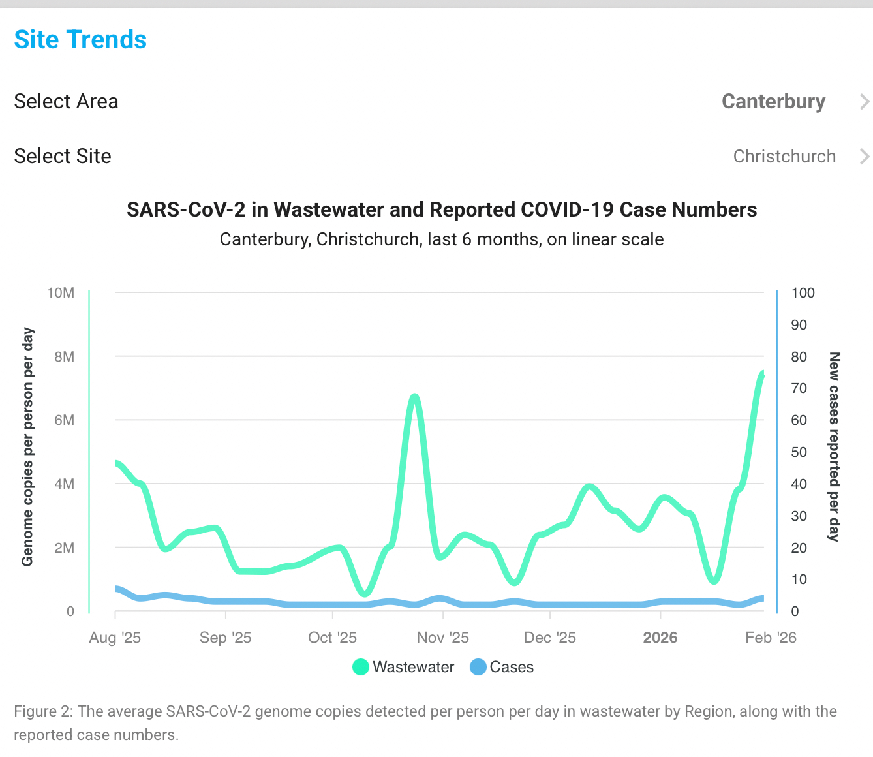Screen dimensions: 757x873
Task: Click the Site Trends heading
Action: pos(80,40)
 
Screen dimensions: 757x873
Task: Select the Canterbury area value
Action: pos(773,102)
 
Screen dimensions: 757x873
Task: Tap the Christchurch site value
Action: pos(784,157)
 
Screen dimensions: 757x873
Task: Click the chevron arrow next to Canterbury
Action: pos(865,102)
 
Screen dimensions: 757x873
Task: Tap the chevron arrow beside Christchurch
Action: pos(865,157)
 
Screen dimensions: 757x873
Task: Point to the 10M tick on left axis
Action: pos(61,293)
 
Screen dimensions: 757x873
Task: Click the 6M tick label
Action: pos(64,420)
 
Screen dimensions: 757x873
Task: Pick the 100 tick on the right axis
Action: pos(803,293)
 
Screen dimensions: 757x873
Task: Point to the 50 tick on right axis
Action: pos(799,452)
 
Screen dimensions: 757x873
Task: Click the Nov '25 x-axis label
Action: pos(443,638)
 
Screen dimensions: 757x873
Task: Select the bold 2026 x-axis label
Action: pos(660,638)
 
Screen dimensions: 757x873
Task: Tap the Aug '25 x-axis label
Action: pos(115,638)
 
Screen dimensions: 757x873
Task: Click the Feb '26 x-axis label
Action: pos(771,638)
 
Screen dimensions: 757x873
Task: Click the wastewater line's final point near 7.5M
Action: pos(762,373)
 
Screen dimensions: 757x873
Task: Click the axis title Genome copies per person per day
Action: pos(27,447)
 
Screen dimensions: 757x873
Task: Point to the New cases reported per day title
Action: pos(834,447)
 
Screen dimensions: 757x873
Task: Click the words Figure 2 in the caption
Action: pos(43,711)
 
